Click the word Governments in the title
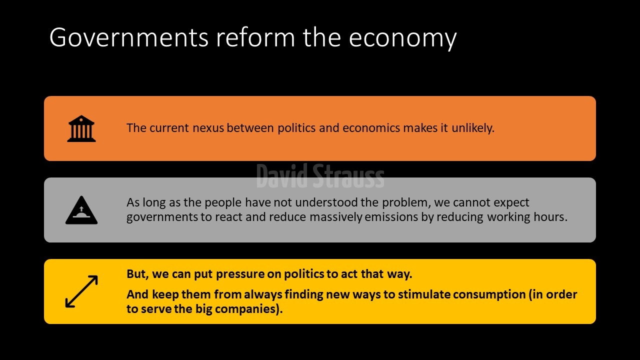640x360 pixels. (129, 37)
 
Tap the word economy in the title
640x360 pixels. (402, 39)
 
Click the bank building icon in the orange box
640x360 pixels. (81, 128)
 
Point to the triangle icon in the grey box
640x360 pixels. (81, 210)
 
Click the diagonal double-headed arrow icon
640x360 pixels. (81, 291)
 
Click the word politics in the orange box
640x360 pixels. (296, 128)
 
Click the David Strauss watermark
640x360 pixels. (320, 176)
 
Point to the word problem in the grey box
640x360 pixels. (406, 202)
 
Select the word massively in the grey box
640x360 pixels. (336, 217)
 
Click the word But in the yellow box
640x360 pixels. (137, 273)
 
